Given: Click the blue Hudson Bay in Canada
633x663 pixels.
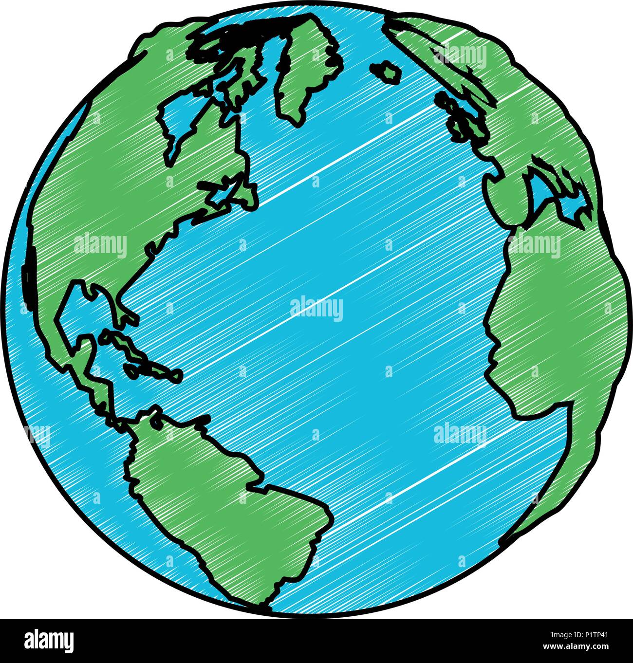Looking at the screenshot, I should coord(183,122).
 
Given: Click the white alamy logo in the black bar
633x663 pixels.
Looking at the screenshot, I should coord(49,641).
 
